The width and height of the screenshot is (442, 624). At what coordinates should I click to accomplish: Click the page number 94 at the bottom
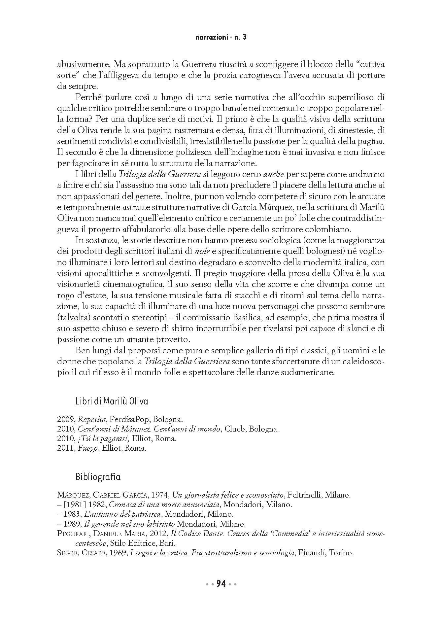(x=221, y=584)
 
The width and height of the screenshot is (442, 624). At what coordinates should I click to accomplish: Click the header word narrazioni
(x=211, y=37)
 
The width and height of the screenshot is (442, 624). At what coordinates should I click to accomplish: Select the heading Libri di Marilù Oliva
(x=112, y=401)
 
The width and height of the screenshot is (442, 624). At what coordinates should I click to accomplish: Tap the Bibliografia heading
(x=98, y=477)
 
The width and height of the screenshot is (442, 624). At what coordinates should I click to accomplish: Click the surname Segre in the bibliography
(x=67, y=553)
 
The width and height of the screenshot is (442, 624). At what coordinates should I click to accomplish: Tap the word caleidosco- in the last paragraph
(x=363, y=362)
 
